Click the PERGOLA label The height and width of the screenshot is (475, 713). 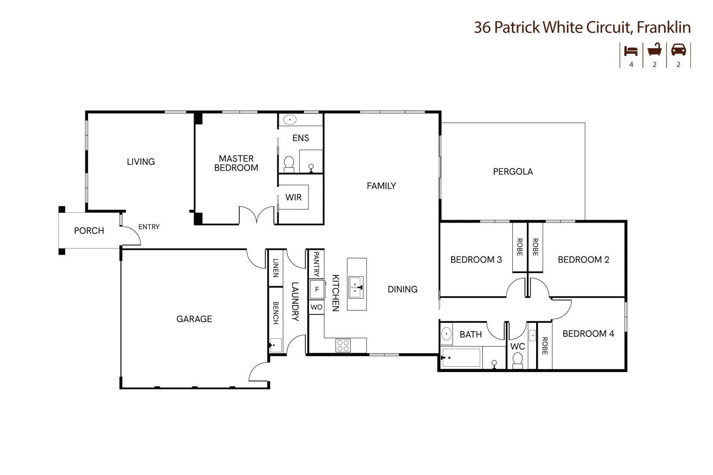click(x=513, y=172)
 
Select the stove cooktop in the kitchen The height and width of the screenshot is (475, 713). click(x=343, y=345)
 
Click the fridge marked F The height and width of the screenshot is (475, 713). click(x=317, y=289)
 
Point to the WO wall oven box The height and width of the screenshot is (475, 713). click(x=316, y=307)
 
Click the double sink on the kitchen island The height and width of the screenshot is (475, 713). click(x=356, y=287)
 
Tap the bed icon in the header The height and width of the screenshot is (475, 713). click(x=631, y=51)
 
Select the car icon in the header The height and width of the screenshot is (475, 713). click(x=678, y=50)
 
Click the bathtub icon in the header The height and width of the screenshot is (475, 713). click(x=654, y=50)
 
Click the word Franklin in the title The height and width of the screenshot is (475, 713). click(x=664, y=27)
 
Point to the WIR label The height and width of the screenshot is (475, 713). click(x=293, y=197)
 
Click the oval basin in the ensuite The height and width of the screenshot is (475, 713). click(x=290, y=120)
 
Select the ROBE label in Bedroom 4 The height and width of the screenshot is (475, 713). click(x=544, y=346)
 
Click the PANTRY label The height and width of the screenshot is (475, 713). click(x=316, y=264)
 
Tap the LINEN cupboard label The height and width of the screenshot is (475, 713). click(x=276, y=268)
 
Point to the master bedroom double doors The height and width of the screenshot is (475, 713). click(x=256, y=216)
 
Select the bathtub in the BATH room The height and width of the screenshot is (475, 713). click(x=461, y=358)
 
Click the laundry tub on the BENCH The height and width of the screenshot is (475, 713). click(x=276, y=345)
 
